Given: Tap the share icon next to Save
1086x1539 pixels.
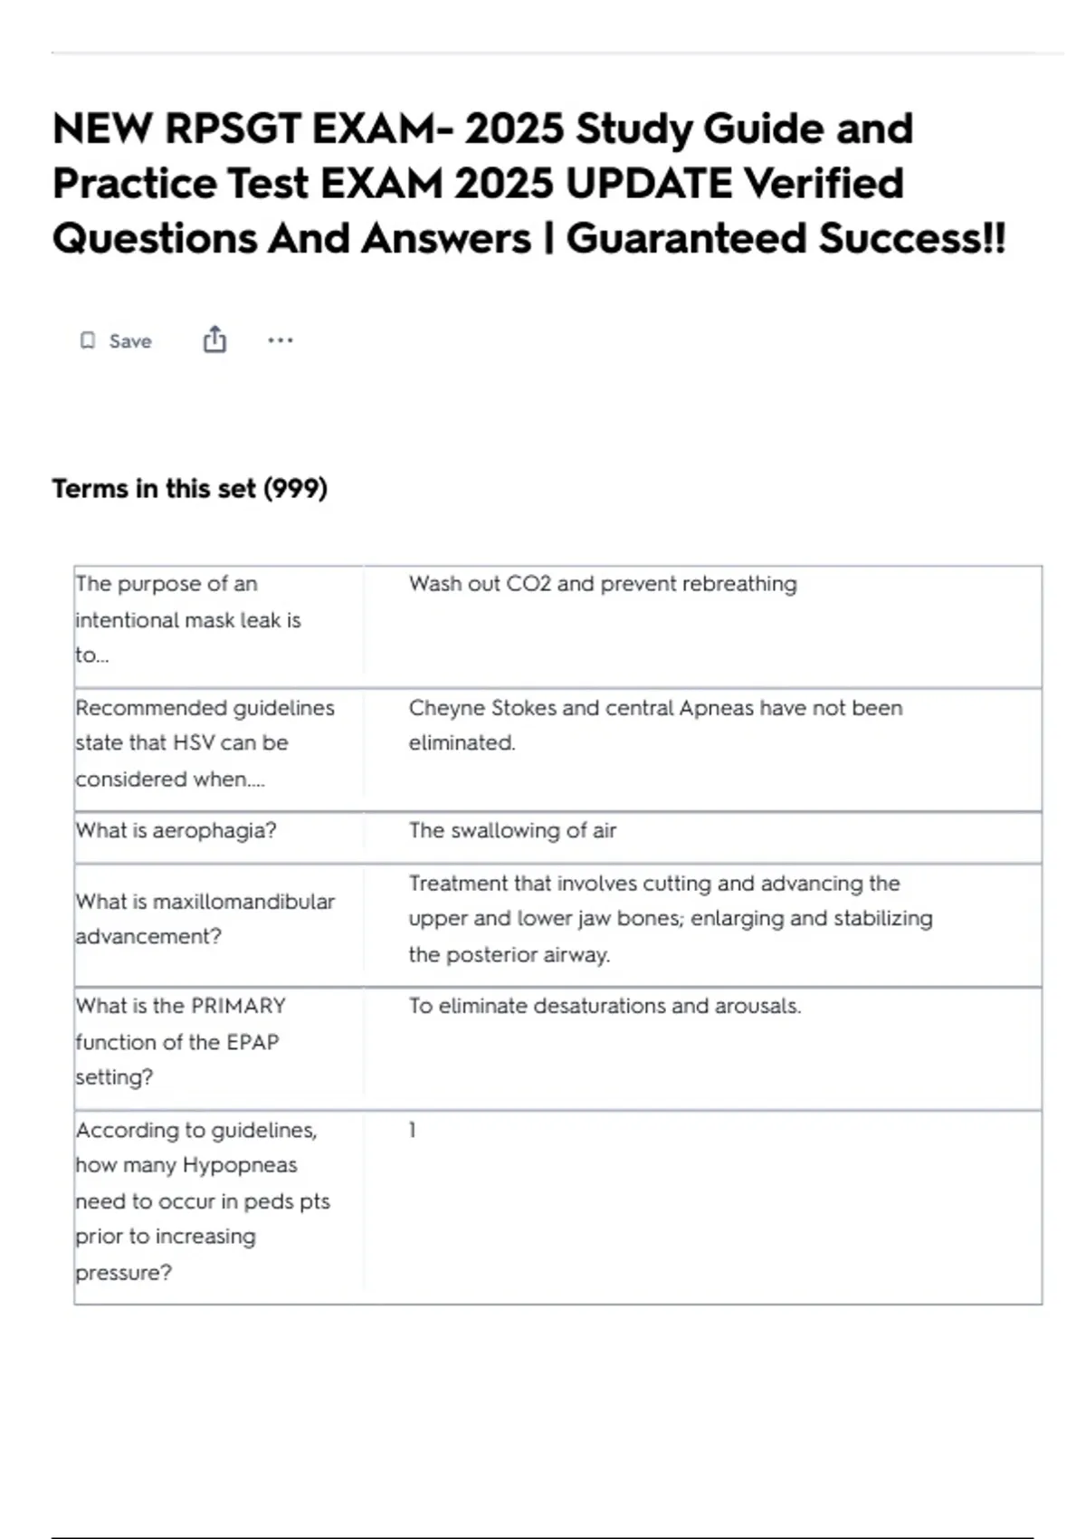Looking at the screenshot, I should tap(214, 340).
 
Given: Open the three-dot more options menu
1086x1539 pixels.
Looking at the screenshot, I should tap(281, 340).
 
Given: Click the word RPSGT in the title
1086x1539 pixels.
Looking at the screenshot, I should tap(233, 129).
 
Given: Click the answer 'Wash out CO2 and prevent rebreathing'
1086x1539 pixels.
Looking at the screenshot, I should tap(603, 584).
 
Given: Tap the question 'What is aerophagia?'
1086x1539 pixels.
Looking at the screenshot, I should tap(176, 830).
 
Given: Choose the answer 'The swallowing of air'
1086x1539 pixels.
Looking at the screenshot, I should tap(512, 830).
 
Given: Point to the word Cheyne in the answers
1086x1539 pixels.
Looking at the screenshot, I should tap(446, 708).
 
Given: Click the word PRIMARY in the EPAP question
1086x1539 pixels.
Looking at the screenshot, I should tap(238, 1006).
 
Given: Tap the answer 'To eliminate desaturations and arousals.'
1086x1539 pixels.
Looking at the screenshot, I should tap(605, 1006).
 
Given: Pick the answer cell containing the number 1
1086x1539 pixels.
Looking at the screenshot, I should tap(413, 1130).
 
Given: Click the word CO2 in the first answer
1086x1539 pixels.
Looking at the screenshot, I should tap(529, 584).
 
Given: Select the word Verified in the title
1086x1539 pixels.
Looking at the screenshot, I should tap(824, 185).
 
